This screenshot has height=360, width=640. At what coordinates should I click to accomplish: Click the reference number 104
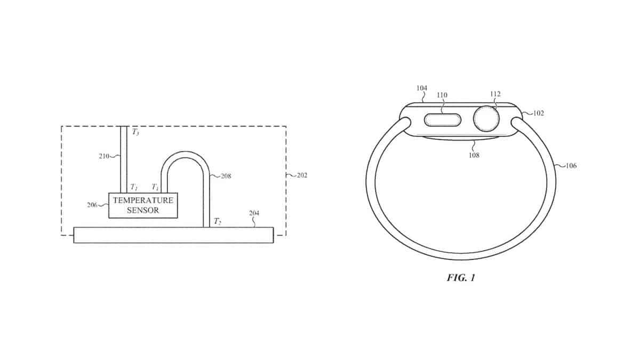[422, 88]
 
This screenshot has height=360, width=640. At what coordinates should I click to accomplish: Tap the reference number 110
[442, 95]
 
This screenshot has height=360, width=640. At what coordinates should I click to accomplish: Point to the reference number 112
[495, 94]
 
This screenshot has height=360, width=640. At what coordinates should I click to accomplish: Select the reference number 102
[539, 113]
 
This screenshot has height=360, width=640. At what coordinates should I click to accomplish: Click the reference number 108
[474, 155]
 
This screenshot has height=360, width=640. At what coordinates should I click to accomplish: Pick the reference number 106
[571, 166]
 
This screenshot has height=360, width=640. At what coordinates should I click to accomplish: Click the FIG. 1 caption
[461, 277]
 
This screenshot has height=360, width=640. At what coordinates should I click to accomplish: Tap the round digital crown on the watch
[486, 119]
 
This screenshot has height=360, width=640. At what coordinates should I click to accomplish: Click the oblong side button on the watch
[443, 120]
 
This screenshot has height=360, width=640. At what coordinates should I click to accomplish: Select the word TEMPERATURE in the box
[143, 201]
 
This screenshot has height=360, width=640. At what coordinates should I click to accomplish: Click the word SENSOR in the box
[143, 210]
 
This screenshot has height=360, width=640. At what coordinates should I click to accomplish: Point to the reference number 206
[92, 205]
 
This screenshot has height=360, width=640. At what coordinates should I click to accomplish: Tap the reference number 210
[104, 156]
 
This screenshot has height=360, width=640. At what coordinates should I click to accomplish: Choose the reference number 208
[226, 176]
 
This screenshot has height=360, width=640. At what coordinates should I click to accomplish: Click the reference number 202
[302, 175]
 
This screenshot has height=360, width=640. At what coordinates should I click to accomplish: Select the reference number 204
[254, 213]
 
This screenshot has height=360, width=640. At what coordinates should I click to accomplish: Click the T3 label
[135, 132]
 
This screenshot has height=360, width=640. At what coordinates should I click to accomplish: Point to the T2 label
[218, 221]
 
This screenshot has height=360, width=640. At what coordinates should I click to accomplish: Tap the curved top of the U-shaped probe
[186, 155]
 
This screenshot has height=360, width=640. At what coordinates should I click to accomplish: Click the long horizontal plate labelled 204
[173, 235]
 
